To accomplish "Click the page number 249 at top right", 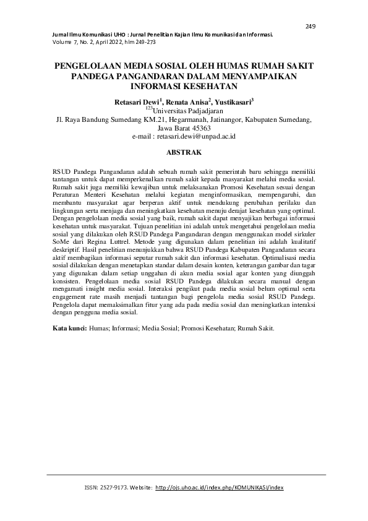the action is point(310,26).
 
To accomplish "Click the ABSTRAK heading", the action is point(184,151).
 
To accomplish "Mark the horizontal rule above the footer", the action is point(184,475).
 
